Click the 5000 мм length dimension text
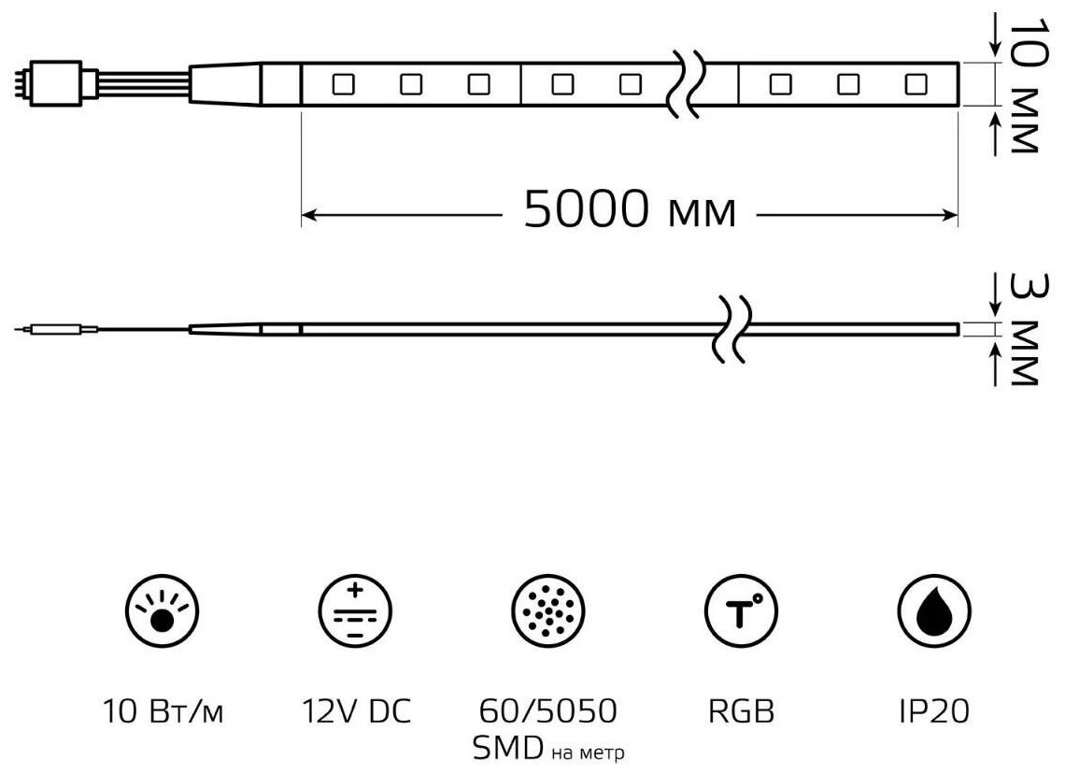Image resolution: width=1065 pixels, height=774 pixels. (x=629, y=210)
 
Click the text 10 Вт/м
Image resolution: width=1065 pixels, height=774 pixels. (x=163, y=712)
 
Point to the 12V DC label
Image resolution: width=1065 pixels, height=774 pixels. (x=355, y=712)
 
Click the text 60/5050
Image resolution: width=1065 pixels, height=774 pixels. (x=547, y=712)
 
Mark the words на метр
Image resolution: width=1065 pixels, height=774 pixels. (x=589, y=752)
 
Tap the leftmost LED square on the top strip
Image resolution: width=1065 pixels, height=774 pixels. (x=342, y=85)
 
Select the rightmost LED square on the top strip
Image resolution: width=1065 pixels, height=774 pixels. (x=916, y=85)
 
